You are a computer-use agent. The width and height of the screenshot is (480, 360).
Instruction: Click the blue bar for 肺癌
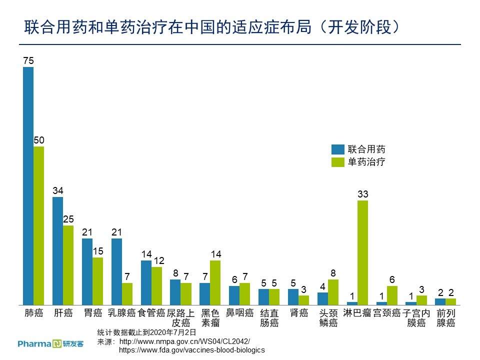point(28,185)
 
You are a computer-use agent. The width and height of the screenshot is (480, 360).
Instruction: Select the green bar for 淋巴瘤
point(362,252)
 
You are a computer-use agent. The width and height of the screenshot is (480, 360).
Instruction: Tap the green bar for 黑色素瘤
point(215,282)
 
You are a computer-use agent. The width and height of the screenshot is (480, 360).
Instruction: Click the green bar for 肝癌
point(68,265)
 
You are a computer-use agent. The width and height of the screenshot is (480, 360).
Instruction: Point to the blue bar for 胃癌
point(87,271)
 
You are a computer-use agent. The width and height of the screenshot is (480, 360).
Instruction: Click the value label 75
point(28,61)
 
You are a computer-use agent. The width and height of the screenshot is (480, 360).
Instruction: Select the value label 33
point(362,194)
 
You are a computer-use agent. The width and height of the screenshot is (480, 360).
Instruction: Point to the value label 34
point(58,191)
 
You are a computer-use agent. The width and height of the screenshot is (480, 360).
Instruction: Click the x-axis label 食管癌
point(151,313)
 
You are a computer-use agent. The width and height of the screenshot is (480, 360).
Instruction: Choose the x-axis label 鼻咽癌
point(239,313)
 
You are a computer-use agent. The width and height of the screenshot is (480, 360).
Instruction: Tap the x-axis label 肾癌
point(298,313)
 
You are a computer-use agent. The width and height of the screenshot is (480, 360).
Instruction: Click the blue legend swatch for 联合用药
point(338,149)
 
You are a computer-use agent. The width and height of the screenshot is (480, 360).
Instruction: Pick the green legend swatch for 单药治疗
point(338,162)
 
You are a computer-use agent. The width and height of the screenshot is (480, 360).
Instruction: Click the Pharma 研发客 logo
point(50,343)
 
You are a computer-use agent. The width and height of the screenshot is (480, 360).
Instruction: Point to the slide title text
point(213,27)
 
